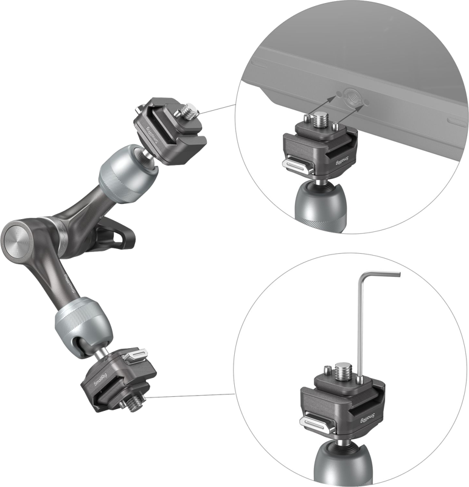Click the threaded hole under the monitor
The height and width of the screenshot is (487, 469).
pos(349,94)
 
